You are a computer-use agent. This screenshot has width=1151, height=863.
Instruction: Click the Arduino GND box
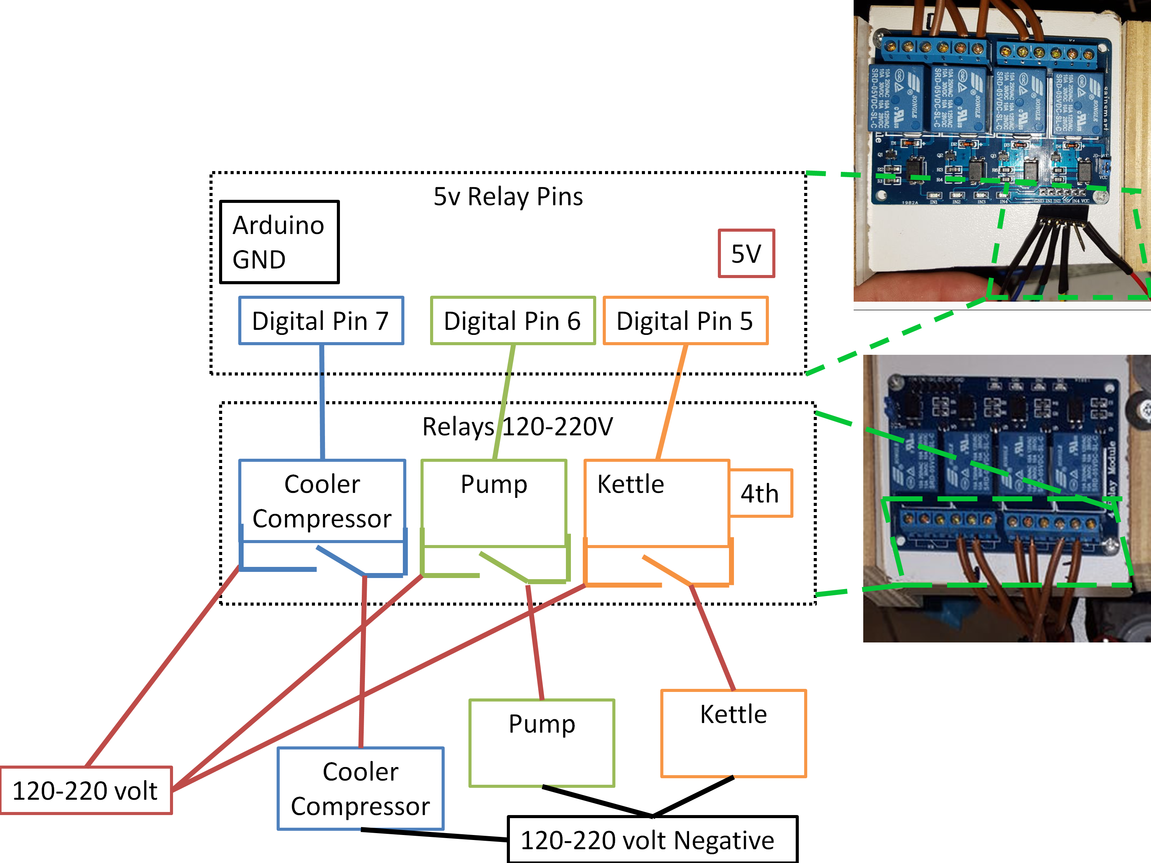click(279, 242)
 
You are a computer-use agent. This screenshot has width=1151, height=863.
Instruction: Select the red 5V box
click(746, 253)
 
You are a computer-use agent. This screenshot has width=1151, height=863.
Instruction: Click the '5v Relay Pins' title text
click(508, 197)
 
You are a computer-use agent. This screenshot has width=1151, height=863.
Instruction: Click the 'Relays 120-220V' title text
click(517, 427)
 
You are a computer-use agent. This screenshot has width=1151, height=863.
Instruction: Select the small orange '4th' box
click(760, 493)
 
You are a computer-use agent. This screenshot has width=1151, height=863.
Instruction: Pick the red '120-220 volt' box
click(86, 790)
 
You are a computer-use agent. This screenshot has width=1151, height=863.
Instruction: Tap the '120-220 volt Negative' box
click(652, 840)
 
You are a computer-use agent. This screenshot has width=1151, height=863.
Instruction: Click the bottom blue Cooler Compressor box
click(361, 788)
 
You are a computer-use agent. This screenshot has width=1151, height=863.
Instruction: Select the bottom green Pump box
click(542, 742)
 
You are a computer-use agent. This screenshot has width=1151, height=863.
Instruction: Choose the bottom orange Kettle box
click(733, 733)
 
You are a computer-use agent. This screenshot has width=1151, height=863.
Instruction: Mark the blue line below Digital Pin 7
click(322, 400)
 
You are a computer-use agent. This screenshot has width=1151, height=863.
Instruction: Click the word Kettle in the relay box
click(631, 484)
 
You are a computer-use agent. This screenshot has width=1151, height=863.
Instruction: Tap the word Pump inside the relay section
click(494, 484)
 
